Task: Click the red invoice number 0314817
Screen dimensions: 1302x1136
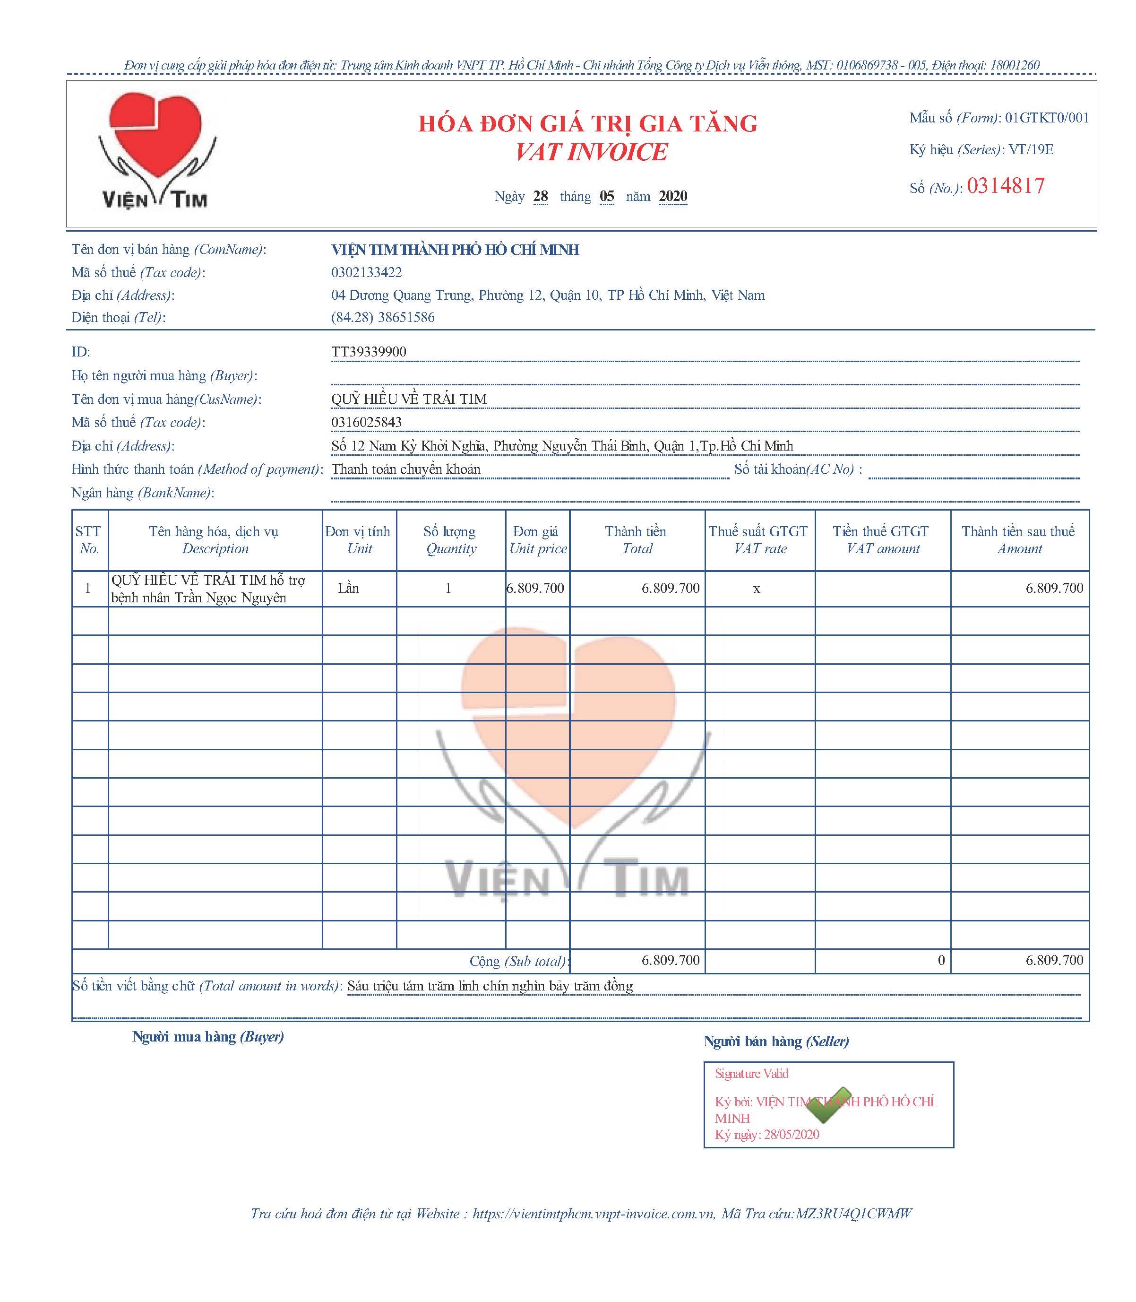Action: (x=1006, y=186)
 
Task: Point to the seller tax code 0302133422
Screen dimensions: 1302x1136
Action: (x=366, y=273)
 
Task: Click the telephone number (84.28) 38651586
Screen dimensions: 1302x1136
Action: (x=383, y=318)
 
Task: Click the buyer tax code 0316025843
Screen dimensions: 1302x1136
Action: (x=366, y=422)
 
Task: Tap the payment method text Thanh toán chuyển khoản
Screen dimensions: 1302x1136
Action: (x=406, y=469)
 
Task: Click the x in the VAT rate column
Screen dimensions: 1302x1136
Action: (x=756, y=589)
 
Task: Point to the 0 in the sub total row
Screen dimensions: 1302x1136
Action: (x=941, y=961)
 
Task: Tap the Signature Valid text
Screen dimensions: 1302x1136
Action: (x=752, y=1074)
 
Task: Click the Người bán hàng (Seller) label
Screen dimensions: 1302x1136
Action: (x=776, y=1042)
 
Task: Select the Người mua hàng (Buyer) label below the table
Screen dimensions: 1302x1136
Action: (x=208, y=1037)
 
